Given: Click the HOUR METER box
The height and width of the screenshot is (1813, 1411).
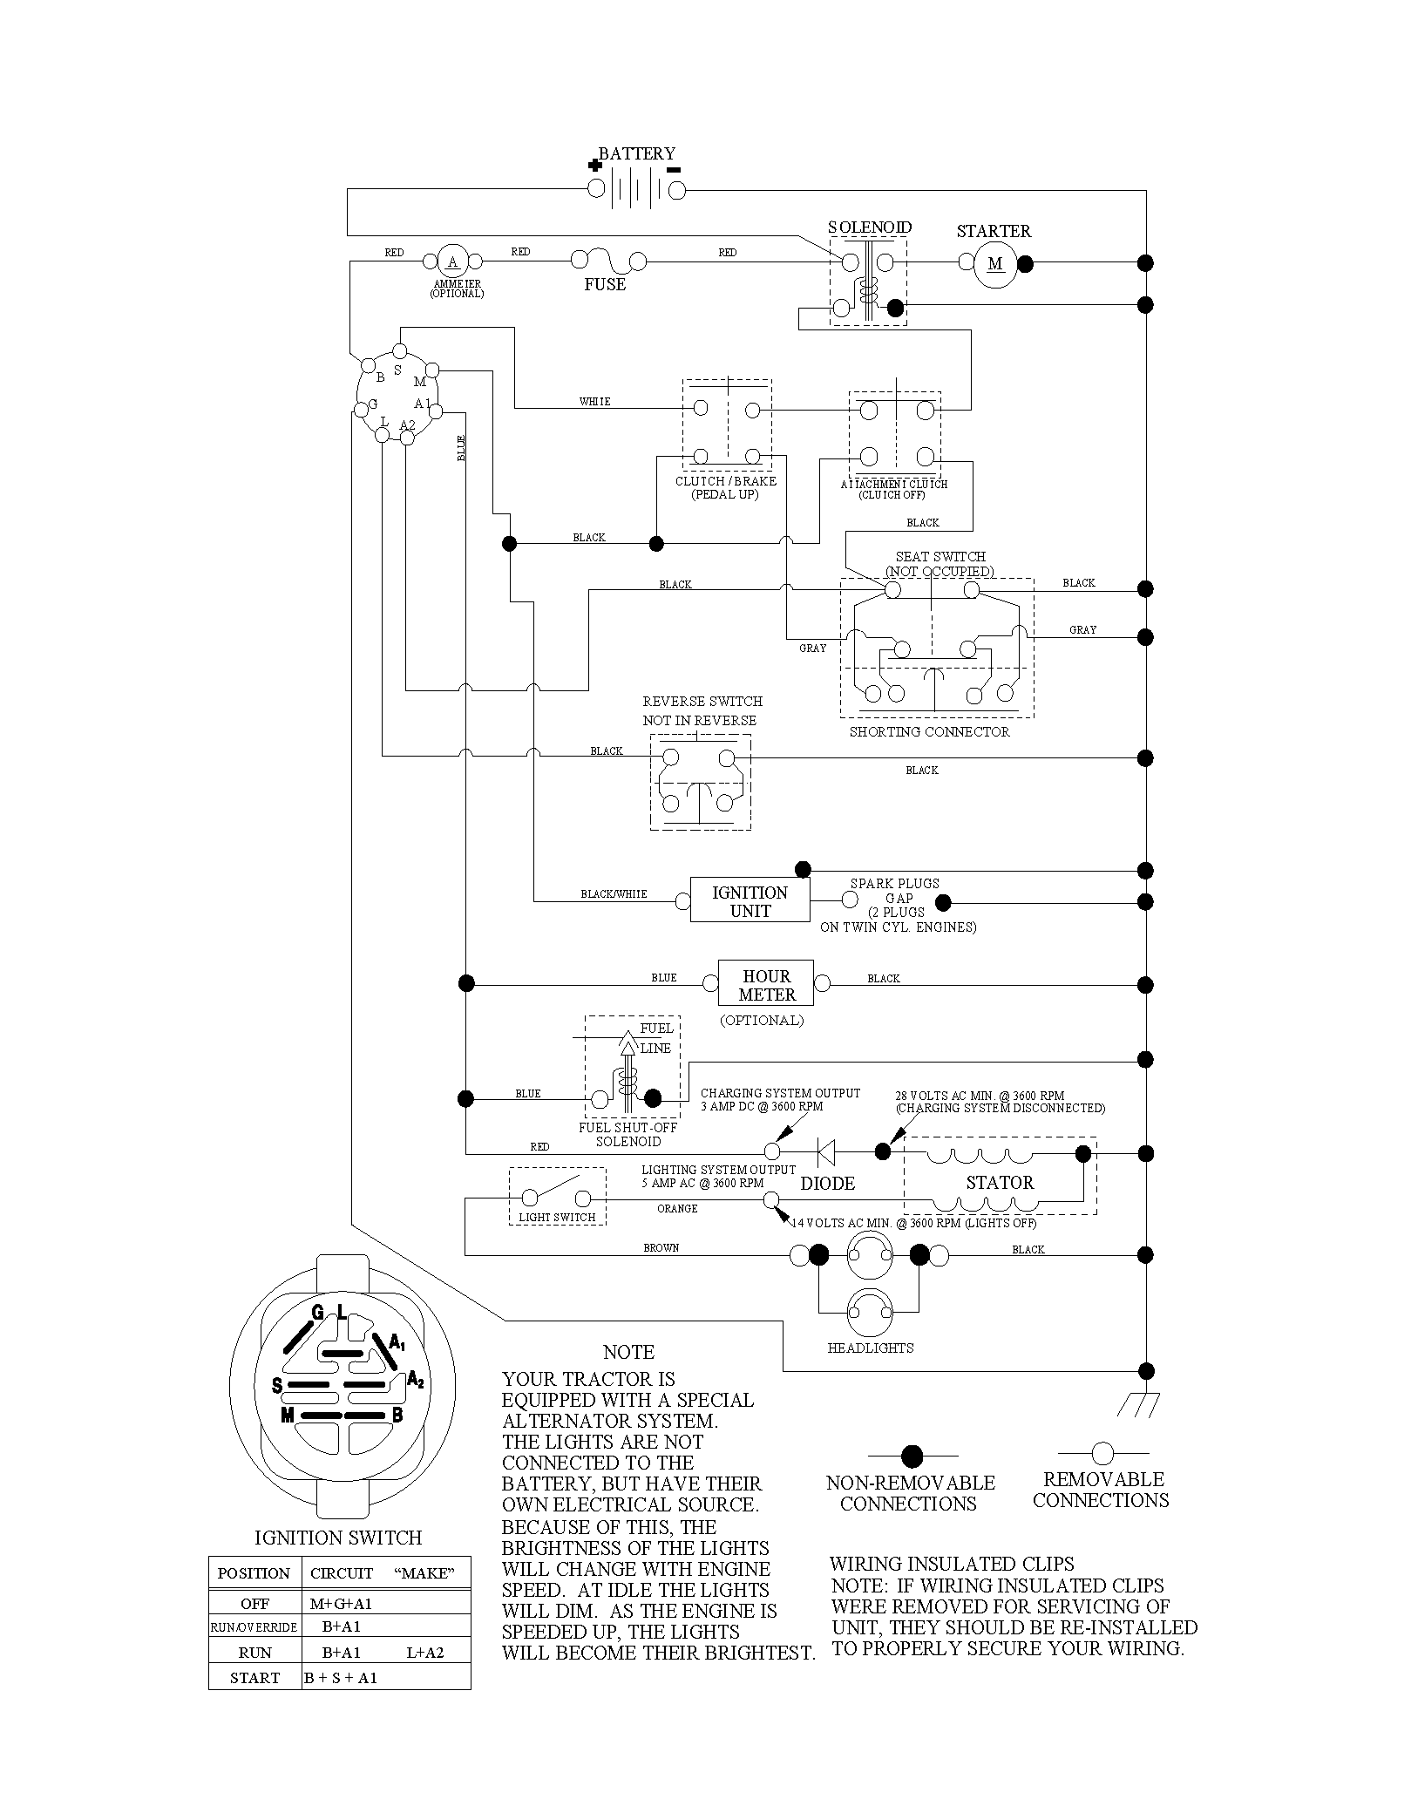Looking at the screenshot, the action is (x=766, y=985).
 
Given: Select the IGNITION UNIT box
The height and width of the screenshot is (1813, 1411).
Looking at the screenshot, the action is (x=750, y=900).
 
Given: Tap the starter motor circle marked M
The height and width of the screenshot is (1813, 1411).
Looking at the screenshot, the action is (x=995, y=263).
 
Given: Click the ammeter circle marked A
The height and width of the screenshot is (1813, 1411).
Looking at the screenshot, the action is (x=452, y=261).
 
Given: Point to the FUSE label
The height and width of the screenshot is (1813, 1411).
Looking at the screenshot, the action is (x=605, y=284).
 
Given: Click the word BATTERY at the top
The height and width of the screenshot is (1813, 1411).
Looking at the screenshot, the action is (x=636, y=153).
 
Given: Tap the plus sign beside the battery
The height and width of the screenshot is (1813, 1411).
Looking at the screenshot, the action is (x=594, y=165).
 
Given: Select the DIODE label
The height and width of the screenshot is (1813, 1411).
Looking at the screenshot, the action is (x=828, y=1184).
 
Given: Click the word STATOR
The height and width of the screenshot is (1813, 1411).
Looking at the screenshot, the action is (x=1000, y=1183).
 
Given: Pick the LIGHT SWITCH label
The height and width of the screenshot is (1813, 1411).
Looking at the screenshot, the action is (x=557, y=1217).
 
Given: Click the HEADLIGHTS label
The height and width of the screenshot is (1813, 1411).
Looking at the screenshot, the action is (x=871, y=1348).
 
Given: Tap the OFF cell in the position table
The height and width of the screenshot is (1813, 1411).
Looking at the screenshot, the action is (x=254, y=1603).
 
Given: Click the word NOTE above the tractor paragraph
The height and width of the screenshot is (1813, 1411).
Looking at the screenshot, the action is (x=628, y=1352).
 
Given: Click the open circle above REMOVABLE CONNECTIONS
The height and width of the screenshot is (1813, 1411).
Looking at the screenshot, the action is (x=1102, y=1453).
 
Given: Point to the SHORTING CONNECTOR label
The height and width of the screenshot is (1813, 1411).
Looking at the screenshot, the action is (x=929, y=732).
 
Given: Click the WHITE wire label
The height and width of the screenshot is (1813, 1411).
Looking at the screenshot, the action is (x=595, y=402).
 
